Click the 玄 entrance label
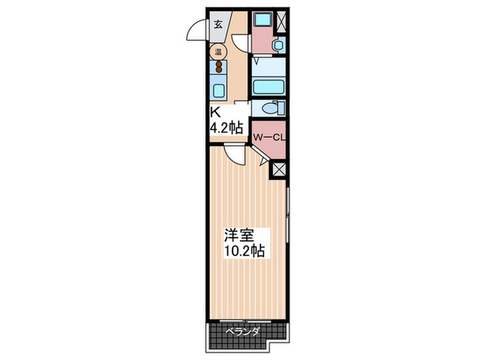point(218,24)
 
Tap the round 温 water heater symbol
point(219,51)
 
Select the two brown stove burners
point(219,67)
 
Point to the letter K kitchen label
point(215,112)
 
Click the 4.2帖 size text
point(226,127)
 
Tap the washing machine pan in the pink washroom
point(261,21)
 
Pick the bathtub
point(268,85)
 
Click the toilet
point(272,108)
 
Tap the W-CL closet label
point(269,137)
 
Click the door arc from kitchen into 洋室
point(234,155)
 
